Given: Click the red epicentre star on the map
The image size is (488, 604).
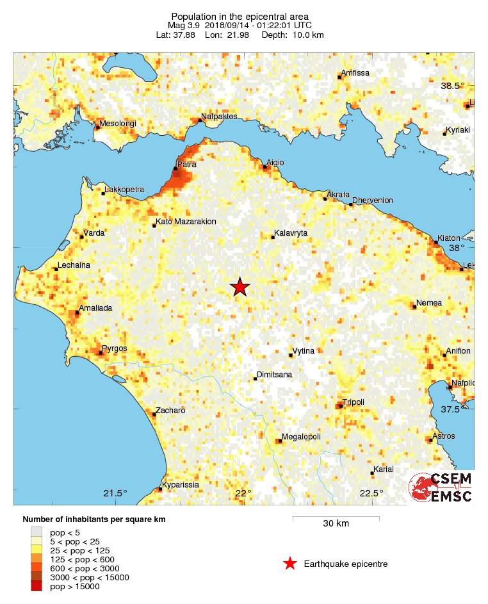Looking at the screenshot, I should click(x=240, y=287).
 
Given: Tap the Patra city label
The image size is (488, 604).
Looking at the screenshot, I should click(x=186, y=165).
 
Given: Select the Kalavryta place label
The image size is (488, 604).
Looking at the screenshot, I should click(x=291, y=234).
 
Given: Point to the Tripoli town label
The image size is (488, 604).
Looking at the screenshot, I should click(x=353, y=402).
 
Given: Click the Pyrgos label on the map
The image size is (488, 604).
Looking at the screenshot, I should click(x=115, y=348).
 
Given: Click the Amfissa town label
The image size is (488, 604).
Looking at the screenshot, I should click(x=355, y=73).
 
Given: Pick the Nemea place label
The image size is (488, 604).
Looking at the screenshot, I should click(x=429, y=303).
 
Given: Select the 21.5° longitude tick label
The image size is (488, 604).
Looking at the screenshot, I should click(x=116, y=493).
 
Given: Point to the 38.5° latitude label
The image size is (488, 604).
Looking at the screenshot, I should click(x=452, y=86).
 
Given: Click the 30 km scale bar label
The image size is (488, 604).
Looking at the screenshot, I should click(x=336, y=524).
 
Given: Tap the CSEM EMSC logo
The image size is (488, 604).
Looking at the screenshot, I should click(x=441, y=487).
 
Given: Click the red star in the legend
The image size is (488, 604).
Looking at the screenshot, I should click(x=290, y=564).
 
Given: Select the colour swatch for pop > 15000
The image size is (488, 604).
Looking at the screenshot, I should click(x=37, y=586).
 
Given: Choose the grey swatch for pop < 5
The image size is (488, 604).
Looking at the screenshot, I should click(x=37, y=532).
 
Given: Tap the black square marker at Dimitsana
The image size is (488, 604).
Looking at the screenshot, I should click(x=255, y=379).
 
